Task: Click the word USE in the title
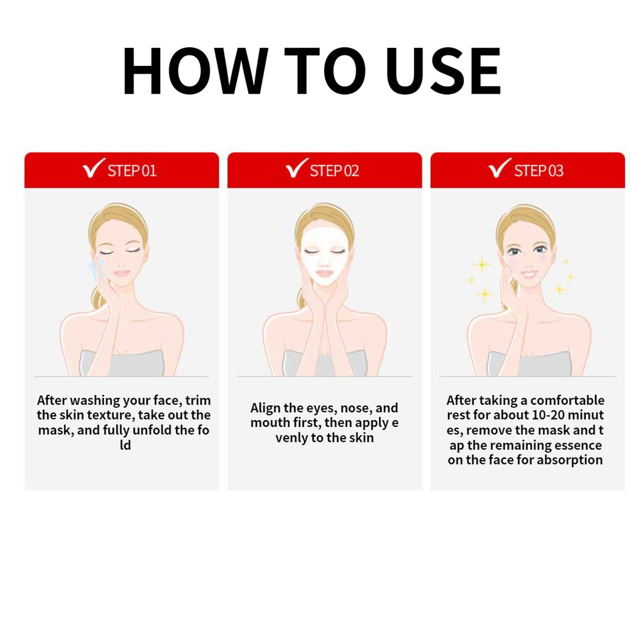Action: coord(443,71)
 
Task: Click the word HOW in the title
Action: coord(195,71)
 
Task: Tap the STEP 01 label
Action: coord(132,171)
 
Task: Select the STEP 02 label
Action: coord(334,171)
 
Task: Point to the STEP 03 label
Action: coord(539,171)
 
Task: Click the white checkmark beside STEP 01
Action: coord(94,168)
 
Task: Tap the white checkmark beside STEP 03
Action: coord(500,168)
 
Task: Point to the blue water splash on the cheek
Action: coord(95,269)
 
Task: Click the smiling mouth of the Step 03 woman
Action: coord(528,275)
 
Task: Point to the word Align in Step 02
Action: coord(265,409)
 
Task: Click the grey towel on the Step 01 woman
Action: coord(122,363)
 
